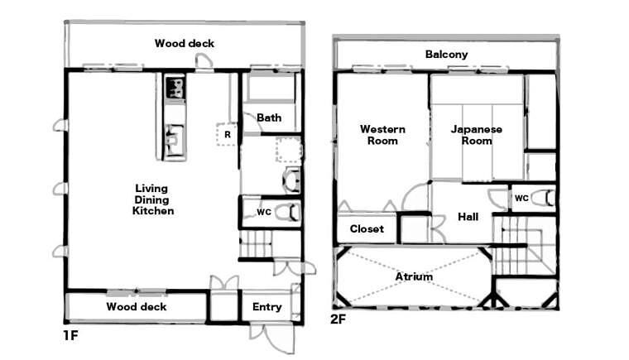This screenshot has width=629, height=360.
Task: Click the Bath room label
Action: pyautogui.click(x=269, y=118)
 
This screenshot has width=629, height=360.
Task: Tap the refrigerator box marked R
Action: pyautogui.click(x=227, y=134)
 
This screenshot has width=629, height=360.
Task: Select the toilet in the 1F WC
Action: pyautogui.click(x=288, y=212)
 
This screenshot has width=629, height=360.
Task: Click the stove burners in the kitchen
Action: pyautogui.click(x=175, y=88)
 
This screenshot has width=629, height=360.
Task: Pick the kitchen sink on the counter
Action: pyautogui.click(x=175, y=141)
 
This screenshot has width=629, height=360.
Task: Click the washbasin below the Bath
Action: pyautogui.click(x=291, y=180)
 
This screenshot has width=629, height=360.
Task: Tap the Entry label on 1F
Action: pyautogui.click(x=266, y=307)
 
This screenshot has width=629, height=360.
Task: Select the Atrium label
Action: pyautogui.click(x=414, y=276)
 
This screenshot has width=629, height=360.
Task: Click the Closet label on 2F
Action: pyautogui.click(x=367, y=228)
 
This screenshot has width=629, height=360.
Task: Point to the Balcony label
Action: pyautogui.click(x=446, y=54)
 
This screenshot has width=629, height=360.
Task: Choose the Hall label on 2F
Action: pyautogui.click(x=468, y=217)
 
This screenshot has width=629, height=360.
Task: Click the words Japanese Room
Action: pyautogui.click(x=477, y=135)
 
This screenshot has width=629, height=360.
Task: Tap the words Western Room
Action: pyautogui.click(x=382, y=135)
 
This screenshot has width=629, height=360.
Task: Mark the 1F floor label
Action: pyautogui.click(x=70, y=335)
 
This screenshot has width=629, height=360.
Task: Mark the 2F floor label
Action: pyautogui.click(x=338, y=319)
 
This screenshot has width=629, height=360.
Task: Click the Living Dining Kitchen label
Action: pyautogui.click(x=153, y=199)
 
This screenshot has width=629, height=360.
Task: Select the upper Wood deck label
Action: pyautogui.click(x=185, y=43)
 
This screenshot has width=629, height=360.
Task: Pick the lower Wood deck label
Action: pyautogui.click(x=137, y=307)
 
